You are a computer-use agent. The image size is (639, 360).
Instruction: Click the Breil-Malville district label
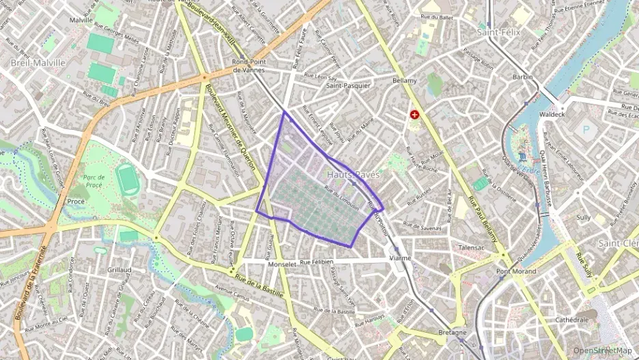(x=38, y=62)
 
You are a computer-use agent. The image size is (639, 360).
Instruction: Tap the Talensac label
(x=475, y=247)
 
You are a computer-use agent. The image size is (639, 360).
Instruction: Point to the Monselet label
(x=283, y=263)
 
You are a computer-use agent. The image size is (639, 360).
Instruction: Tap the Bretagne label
(x=452, y=333)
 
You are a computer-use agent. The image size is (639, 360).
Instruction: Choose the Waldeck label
(x=552, y=114)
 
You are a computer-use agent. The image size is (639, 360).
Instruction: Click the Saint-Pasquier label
(x=348, y=86)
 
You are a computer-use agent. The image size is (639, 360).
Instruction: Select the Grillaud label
(x=119, y=270)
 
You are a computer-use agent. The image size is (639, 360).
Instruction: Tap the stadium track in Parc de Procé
(x=126, y=178)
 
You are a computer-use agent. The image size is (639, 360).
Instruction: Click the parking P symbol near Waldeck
(x=585, y=128)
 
